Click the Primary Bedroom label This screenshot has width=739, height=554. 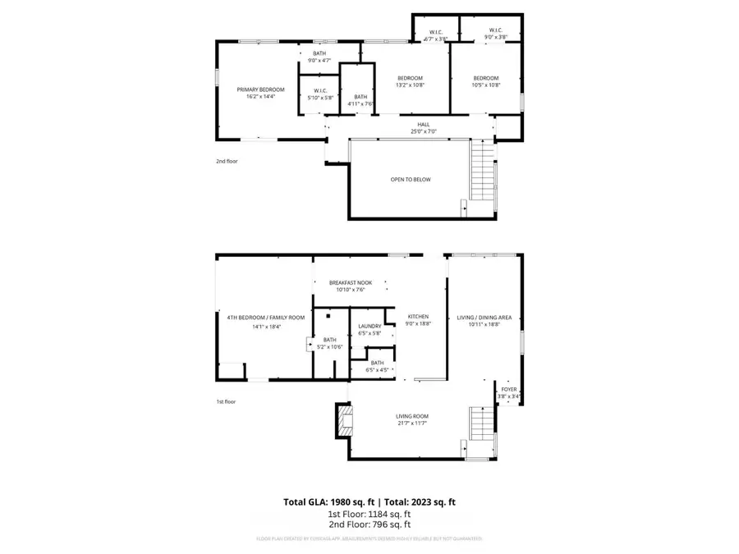pyautogui.click(x=260, y=89)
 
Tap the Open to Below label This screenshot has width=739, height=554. pyautogui.click(x=411, y=179)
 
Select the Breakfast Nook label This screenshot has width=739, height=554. pyautogui.click(x=351, y=282)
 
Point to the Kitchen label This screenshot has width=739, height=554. pyautogui.click(x=419, y=316)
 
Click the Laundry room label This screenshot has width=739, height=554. pyautogui.click(x=369, y=326)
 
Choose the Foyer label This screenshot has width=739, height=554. pyautogui.click(x=508, y=391)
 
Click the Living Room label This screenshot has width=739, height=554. pyautogui.click(x=412, y=416)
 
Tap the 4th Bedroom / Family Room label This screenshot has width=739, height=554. pyautogui.click(x=254, y=317)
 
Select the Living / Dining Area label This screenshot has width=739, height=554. pyautogui.click(x=484, y=316)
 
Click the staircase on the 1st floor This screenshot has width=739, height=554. pyautogui.click(x=483, y=431)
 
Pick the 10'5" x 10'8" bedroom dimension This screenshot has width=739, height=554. pyautogui.click(x=486, y=85)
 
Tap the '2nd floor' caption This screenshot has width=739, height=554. pyautogui.click(x=227, y=162)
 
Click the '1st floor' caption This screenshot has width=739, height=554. pyautogui.click(x=226, y=401)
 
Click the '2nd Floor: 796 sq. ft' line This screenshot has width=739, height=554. pyautogui.click(x=369, y=524)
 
